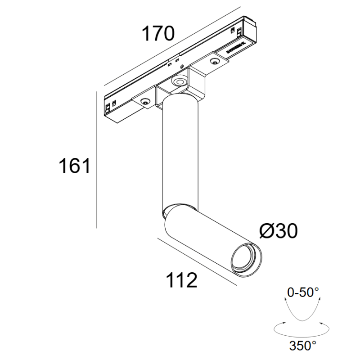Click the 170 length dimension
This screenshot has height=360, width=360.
[158, 34]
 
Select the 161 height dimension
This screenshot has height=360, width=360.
[75, 166]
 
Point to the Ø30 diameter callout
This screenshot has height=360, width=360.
[279, 231]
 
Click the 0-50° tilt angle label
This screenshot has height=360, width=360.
[303, 292]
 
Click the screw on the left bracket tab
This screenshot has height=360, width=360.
[145, 101]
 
